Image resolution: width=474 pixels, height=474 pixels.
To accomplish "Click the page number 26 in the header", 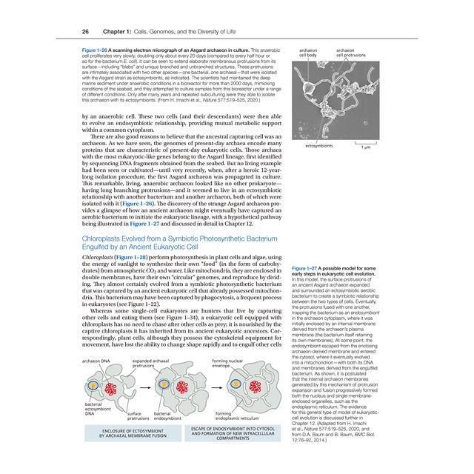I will pyautogui.click(x=86, y=31).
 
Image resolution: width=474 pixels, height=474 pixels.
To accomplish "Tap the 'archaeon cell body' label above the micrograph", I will pyautogui.click(x=309, y=51).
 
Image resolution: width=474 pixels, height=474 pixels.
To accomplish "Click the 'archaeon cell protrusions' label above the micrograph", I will pyautogui.click(x=350, y=51).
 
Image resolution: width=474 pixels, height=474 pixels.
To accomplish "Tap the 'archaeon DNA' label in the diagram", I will pyautogui.click(x=96, y=361).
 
